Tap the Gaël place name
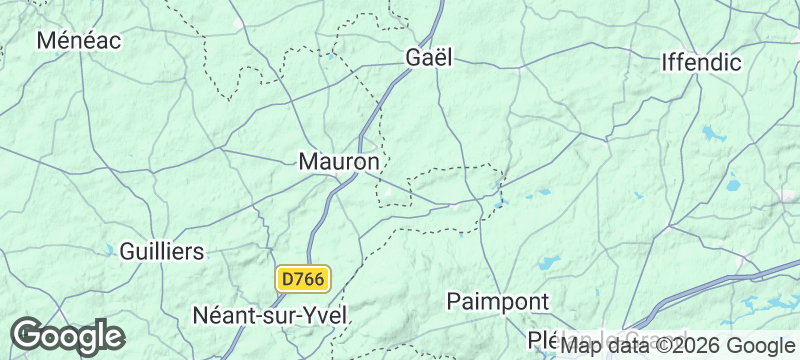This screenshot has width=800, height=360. click(x=429, y=58)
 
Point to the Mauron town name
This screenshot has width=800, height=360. click(x=339, y=161)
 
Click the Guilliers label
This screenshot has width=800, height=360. click(x=162, y=250)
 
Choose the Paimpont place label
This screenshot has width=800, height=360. click(x=497, y=301)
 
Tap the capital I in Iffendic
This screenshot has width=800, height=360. click(x=666, y=63)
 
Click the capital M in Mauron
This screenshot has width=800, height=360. click(x=309, y=161)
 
